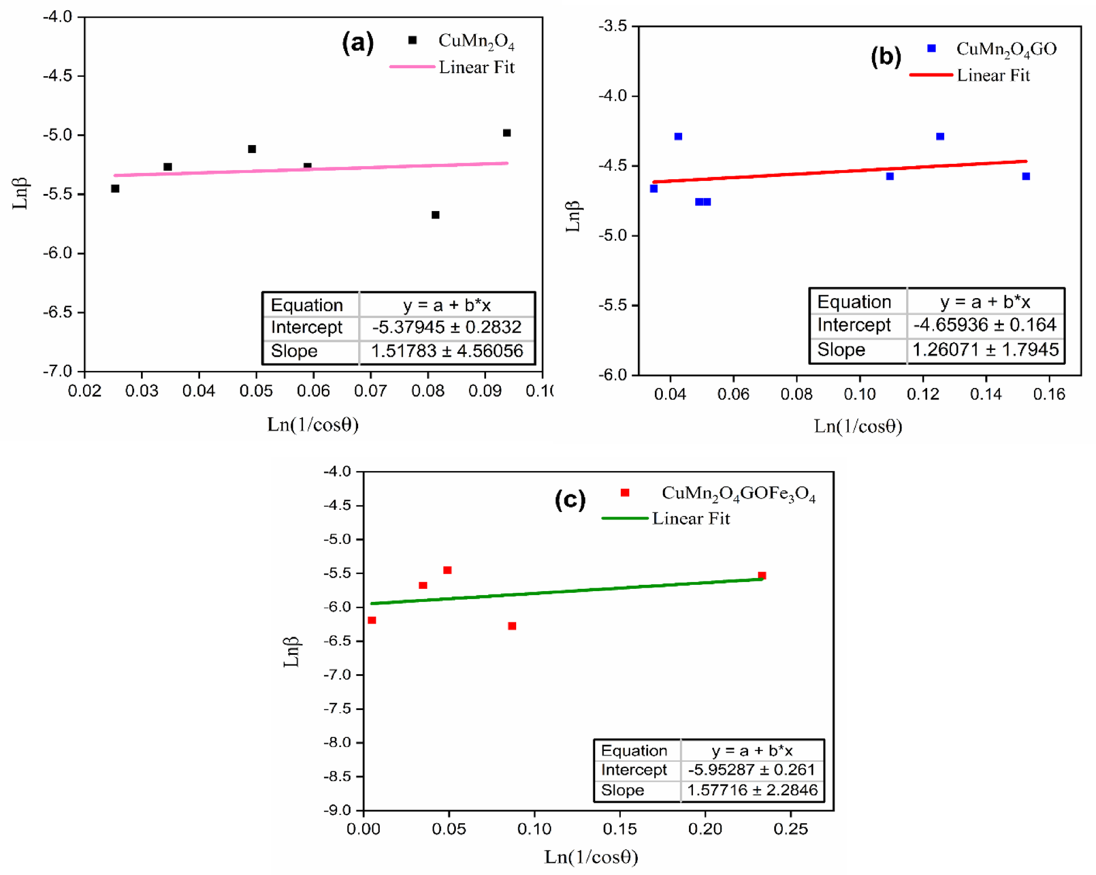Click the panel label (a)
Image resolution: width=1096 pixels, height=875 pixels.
[358, 42]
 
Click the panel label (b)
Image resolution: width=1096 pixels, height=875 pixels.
[886, 56]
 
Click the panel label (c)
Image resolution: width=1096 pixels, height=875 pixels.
[570, 500]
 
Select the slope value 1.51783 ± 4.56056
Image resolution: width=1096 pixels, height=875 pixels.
[446, 351]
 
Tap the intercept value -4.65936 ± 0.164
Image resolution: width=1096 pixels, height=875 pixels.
[985, 325]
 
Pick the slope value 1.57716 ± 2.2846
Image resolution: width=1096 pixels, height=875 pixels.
[752, 790]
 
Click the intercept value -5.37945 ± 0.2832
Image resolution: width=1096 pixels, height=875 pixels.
[446, 327]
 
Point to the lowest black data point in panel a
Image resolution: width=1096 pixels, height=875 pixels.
[435, 215]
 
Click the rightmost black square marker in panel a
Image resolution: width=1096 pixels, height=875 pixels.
[507, 133]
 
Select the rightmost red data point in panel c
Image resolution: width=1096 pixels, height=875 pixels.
[762, 576]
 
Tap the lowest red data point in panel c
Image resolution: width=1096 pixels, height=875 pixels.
[512, 626]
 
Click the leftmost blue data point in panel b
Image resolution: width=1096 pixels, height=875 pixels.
[654, 189]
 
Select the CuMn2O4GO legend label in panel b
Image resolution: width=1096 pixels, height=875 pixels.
[1006, 49]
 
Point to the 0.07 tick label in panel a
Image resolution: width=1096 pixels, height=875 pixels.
[370, 391]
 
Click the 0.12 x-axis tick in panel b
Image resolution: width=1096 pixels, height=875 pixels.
[923, 394]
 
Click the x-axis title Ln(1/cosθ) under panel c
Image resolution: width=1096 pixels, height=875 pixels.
[591, 857]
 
